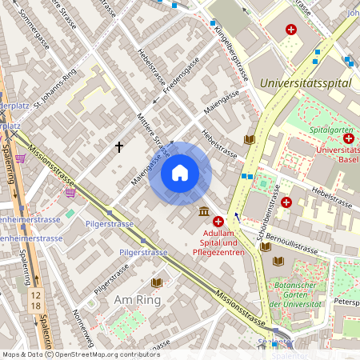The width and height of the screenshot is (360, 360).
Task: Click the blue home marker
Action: click(x=180, y=173)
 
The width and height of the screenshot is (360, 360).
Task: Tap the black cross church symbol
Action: click(x=120, y=147)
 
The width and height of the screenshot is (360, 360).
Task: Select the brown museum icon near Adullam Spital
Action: click(x=203, y=212)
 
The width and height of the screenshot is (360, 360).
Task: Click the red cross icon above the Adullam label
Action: click(x=218, y=221)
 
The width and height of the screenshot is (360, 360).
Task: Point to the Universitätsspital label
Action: click(x=306, y=82)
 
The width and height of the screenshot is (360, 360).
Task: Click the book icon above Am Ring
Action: click(x=157, y=283)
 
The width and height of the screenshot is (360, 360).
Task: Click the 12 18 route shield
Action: click(x=35, y=301)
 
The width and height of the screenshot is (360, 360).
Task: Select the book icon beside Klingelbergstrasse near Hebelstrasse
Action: click(x=250, y=140)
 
